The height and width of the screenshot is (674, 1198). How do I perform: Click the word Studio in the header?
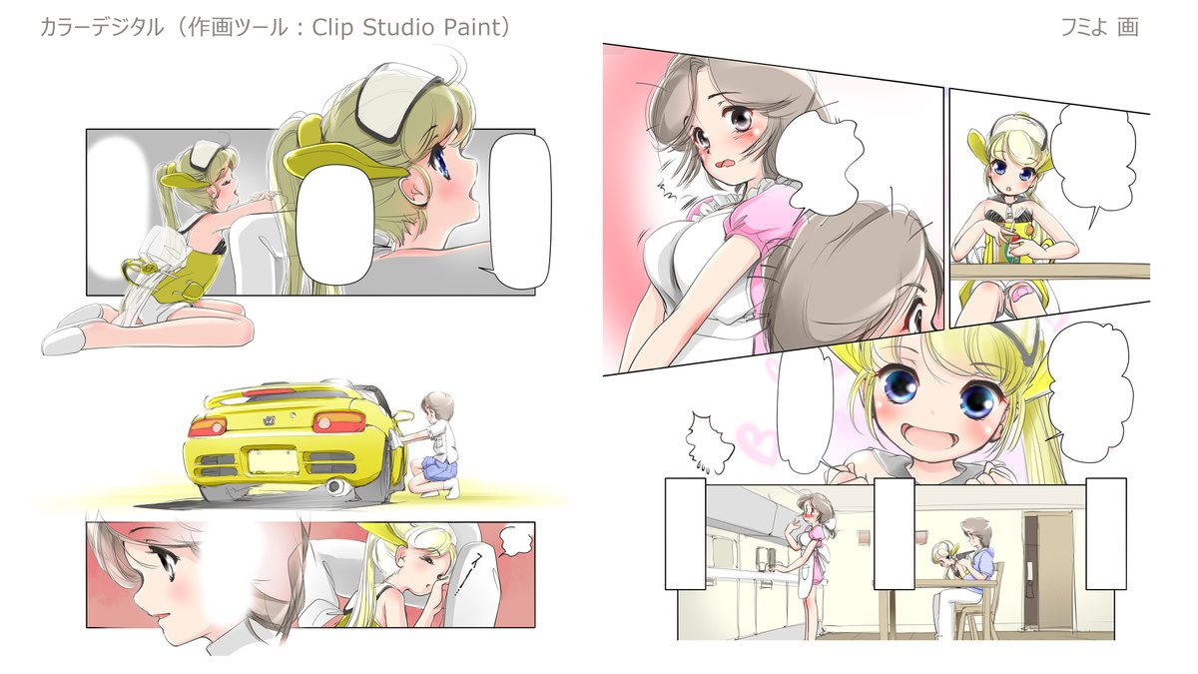[398, 27]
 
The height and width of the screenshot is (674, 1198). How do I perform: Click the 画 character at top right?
[1127, 27]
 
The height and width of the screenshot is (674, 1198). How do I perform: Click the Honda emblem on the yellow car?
[268, 421]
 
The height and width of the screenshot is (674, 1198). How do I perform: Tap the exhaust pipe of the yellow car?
[336, 487]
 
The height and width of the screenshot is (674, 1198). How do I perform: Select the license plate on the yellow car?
[272, 461]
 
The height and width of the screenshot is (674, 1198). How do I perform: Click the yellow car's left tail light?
[207, 426]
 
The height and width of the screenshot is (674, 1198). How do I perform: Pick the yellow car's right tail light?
[339, 421]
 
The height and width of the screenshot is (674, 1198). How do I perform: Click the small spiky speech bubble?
[707, 441]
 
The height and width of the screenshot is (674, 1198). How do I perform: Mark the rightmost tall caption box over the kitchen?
[1105, 534]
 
